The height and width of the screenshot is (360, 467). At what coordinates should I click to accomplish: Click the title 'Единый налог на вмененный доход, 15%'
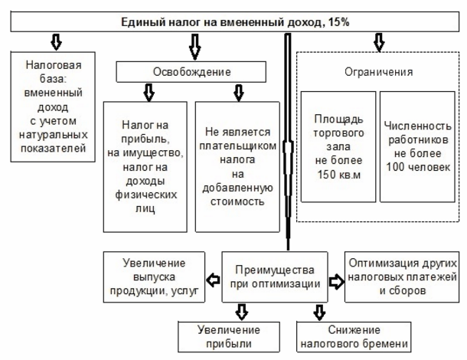[x=233, y=22]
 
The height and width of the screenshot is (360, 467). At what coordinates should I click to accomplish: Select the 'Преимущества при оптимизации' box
[x=276, y=276]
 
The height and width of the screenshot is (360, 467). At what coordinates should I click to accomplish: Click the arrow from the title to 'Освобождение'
[x=194, y=49]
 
